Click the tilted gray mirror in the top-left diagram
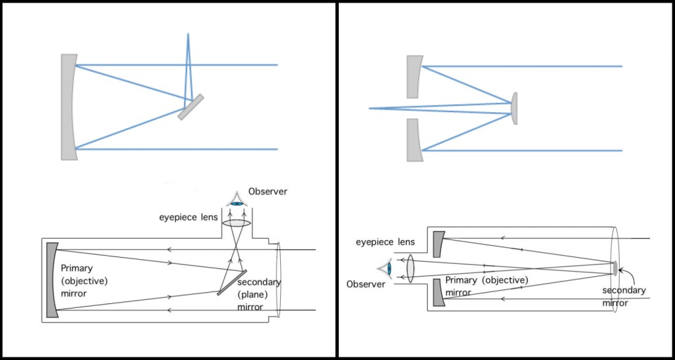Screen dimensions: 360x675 tap(191, 107)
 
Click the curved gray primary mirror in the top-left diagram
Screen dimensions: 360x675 tap(69, 107)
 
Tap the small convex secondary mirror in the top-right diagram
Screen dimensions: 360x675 tap(514, 107)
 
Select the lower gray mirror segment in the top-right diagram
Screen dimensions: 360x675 tap(413, 140)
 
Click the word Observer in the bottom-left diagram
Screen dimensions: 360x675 tap(268, 192)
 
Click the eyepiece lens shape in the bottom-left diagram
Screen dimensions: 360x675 tap(236, 224)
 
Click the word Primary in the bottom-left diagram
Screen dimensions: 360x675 tap(76, 268)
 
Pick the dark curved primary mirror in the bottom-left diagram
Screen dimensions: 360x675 tap(53, 281)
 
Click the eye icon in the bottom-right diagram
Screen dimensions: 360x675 tap(386, 268)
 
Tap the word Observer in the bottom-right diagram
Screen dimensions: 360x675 tap(365, 284)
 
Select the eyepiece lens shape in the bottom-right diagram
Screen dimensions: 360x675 tap(410, 268)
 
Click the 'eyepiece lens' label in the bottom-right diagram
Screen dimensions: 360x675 tap(386, 242)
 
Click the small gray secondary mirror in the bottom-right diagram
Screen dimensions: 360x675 tap(615, 268)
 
